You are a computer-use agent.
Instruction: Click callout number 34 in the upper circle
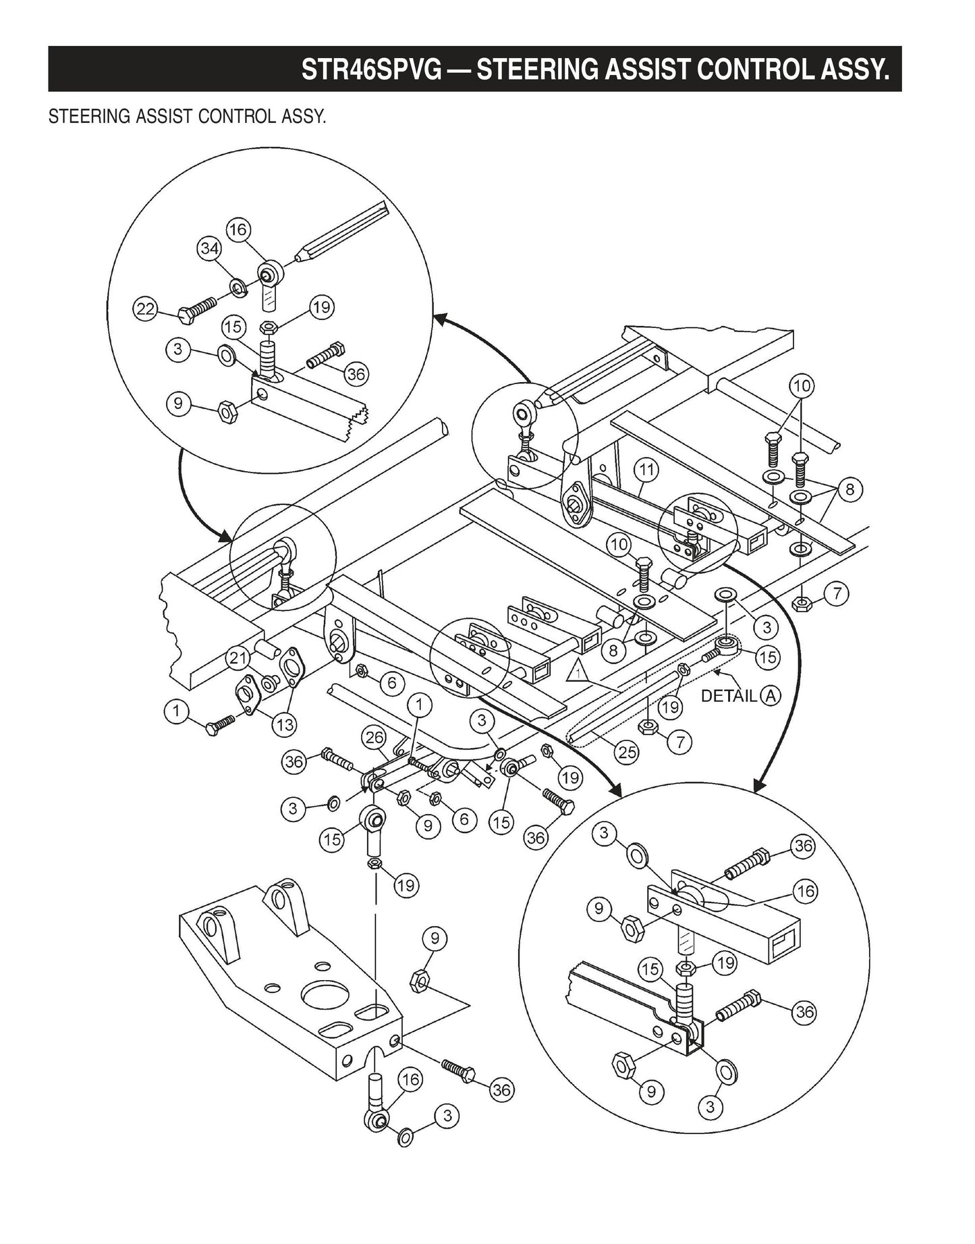pos(209,249)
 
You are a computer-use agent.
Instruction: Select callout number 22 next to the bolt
pos(145,310)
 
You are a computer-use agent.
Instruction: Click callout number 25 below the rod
pos(628,752)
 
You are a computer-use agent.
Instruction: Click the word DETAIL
pos(729,696)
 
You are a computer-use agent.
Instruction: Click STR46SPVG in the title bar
pos(370,70)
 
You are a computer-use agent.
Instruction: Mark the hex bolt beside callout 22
pos(196,310)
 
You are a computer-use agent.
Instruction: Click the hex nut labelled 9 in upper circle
pos(227,411)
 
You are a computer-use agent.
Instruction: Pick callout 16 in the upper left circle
pos(238,229)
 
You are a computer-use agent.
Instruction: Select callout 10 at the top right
pos(802,386)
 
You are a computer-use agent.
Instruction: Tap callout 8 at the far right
pos(849,489)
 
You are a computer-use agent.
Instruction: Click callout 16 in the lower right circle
pos(806,892)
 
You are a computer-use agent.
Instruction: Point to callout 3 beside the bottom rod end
pos(446,1116)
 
